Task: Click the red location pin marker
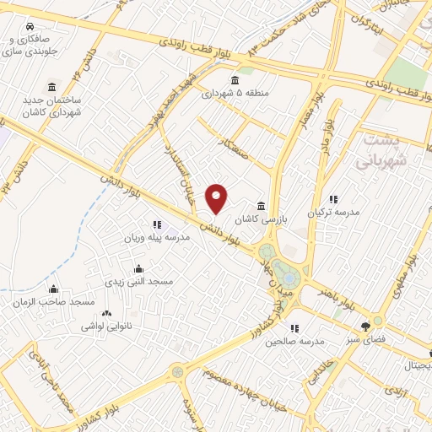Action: click(218, 197)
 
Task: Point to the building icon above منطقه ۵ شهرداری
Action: click(234, 81)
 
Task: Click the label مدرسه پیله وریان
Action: click(158, 238)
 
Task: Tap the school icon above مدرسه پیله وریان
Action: click(157, 225)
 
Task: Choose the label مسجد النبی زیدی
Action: click(138, 282)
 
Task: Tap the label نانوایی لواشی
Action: click(103, 325)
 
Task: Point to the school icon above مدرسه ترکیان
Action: click(333, 200)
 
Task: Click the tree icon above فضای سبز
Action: click(365, 326)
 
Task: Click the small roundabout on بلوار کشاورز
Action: click(178, 370)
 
